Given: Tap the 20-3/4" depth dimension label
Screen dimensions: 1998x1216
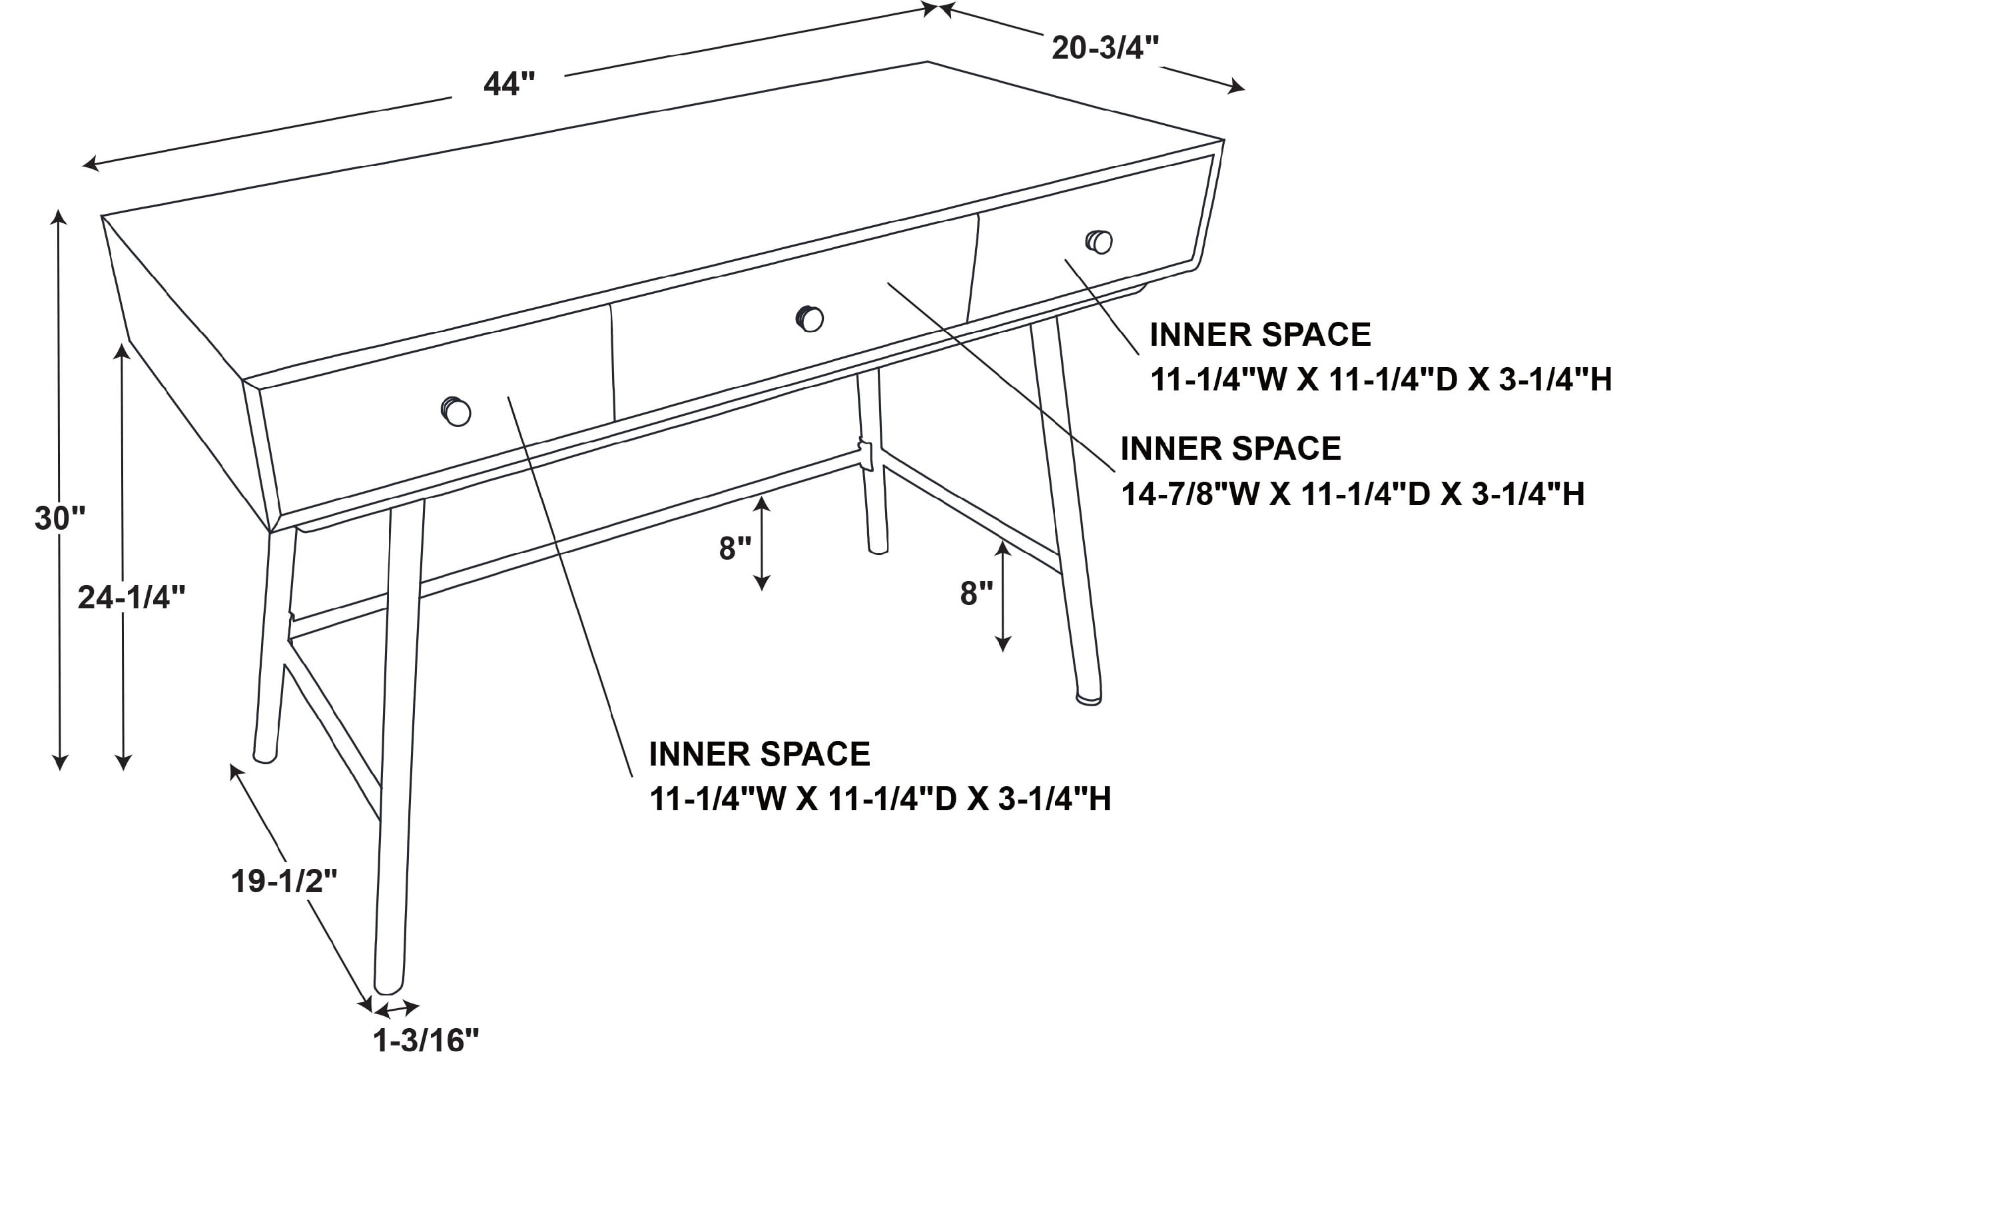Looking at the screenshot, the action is pyautogui.click(x=1105, y=48).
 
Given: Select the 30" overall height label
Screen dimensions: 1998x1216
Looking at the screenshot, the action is pyautogui.click(x=60, y=518).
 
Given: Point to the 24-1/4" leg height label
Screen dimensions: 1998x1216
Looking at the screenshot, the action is pyautogui.click(x=131, y=598).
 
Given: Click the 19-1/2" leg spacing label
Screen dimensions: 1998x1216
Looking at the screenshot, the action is pyautogui.click(x=284, y=881).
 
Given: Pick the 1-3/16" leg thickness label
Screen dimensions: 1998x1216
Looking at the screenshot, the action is pyautogui.click(x=426, y=1041).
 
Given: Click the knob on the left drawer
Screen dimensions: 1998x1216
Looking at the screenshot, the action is pyautogui.click(x=456, y=411).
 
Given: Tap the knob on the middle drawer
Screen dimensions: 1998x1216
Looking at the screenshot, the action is pyautogui.click(x=809, y=318).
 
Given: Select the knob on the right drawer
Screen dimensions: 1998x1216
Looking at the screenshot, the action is pyautogui.click(x=1099, y=242).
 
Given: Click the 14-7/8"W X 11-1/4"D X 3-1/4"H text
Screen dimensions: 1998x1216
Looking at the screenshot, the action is pyautogui.click(x=1353, y=494).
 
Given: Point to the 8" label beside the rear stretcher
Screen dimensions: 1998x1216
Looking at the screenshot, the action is pyautogui.click(x=735, y=549).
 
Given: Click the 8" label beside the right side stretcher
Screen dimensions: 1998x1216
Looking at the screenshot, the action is pyautogui.click(x=976, y=594).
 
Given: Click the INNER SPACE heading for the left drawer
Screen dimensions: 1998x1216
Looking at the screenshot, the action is pyautogui.click(x=759, y=754).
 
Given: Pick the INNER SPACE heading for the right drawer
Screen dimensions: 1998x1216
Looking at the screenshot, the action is pyautogui.click(x=1260, y=335).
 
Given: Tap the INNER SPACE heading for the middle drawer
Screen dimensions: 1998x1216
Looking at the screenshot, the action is pyautogui.click(x=1231, y=448).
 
